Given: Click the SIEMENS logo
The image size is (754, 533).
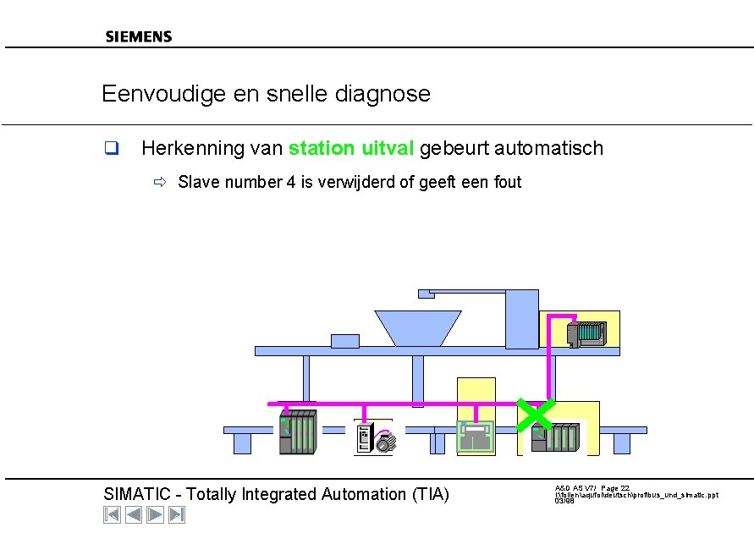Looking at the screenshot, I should (138, 36).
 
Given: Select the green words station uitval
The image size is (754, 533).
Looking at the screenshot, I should (351, 149).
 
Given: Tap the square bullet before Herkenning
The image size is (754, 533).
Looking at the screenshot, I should (110, 150).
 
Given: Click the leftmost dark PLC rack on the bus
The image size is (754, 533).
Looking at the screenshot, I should (297, 432).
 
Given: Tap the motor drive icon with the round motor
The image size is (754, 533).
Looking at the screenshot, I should (374, 438).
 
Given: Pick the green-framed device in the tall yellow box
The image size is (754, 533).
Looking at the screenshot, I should (476, 437).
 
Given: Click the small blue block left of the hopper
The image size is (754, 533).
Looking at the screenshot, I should (345, 341).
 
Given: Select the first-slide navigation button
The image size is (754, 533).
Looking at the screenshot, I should (112, 514).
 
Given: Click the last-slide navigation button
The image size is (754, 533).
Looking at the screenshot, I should (176, 514).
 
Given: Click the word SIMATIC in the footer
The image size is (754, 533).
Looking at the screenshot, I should (139, 494).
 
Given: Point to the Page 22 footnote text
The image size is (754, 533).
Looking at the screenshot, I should (614, 488).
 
